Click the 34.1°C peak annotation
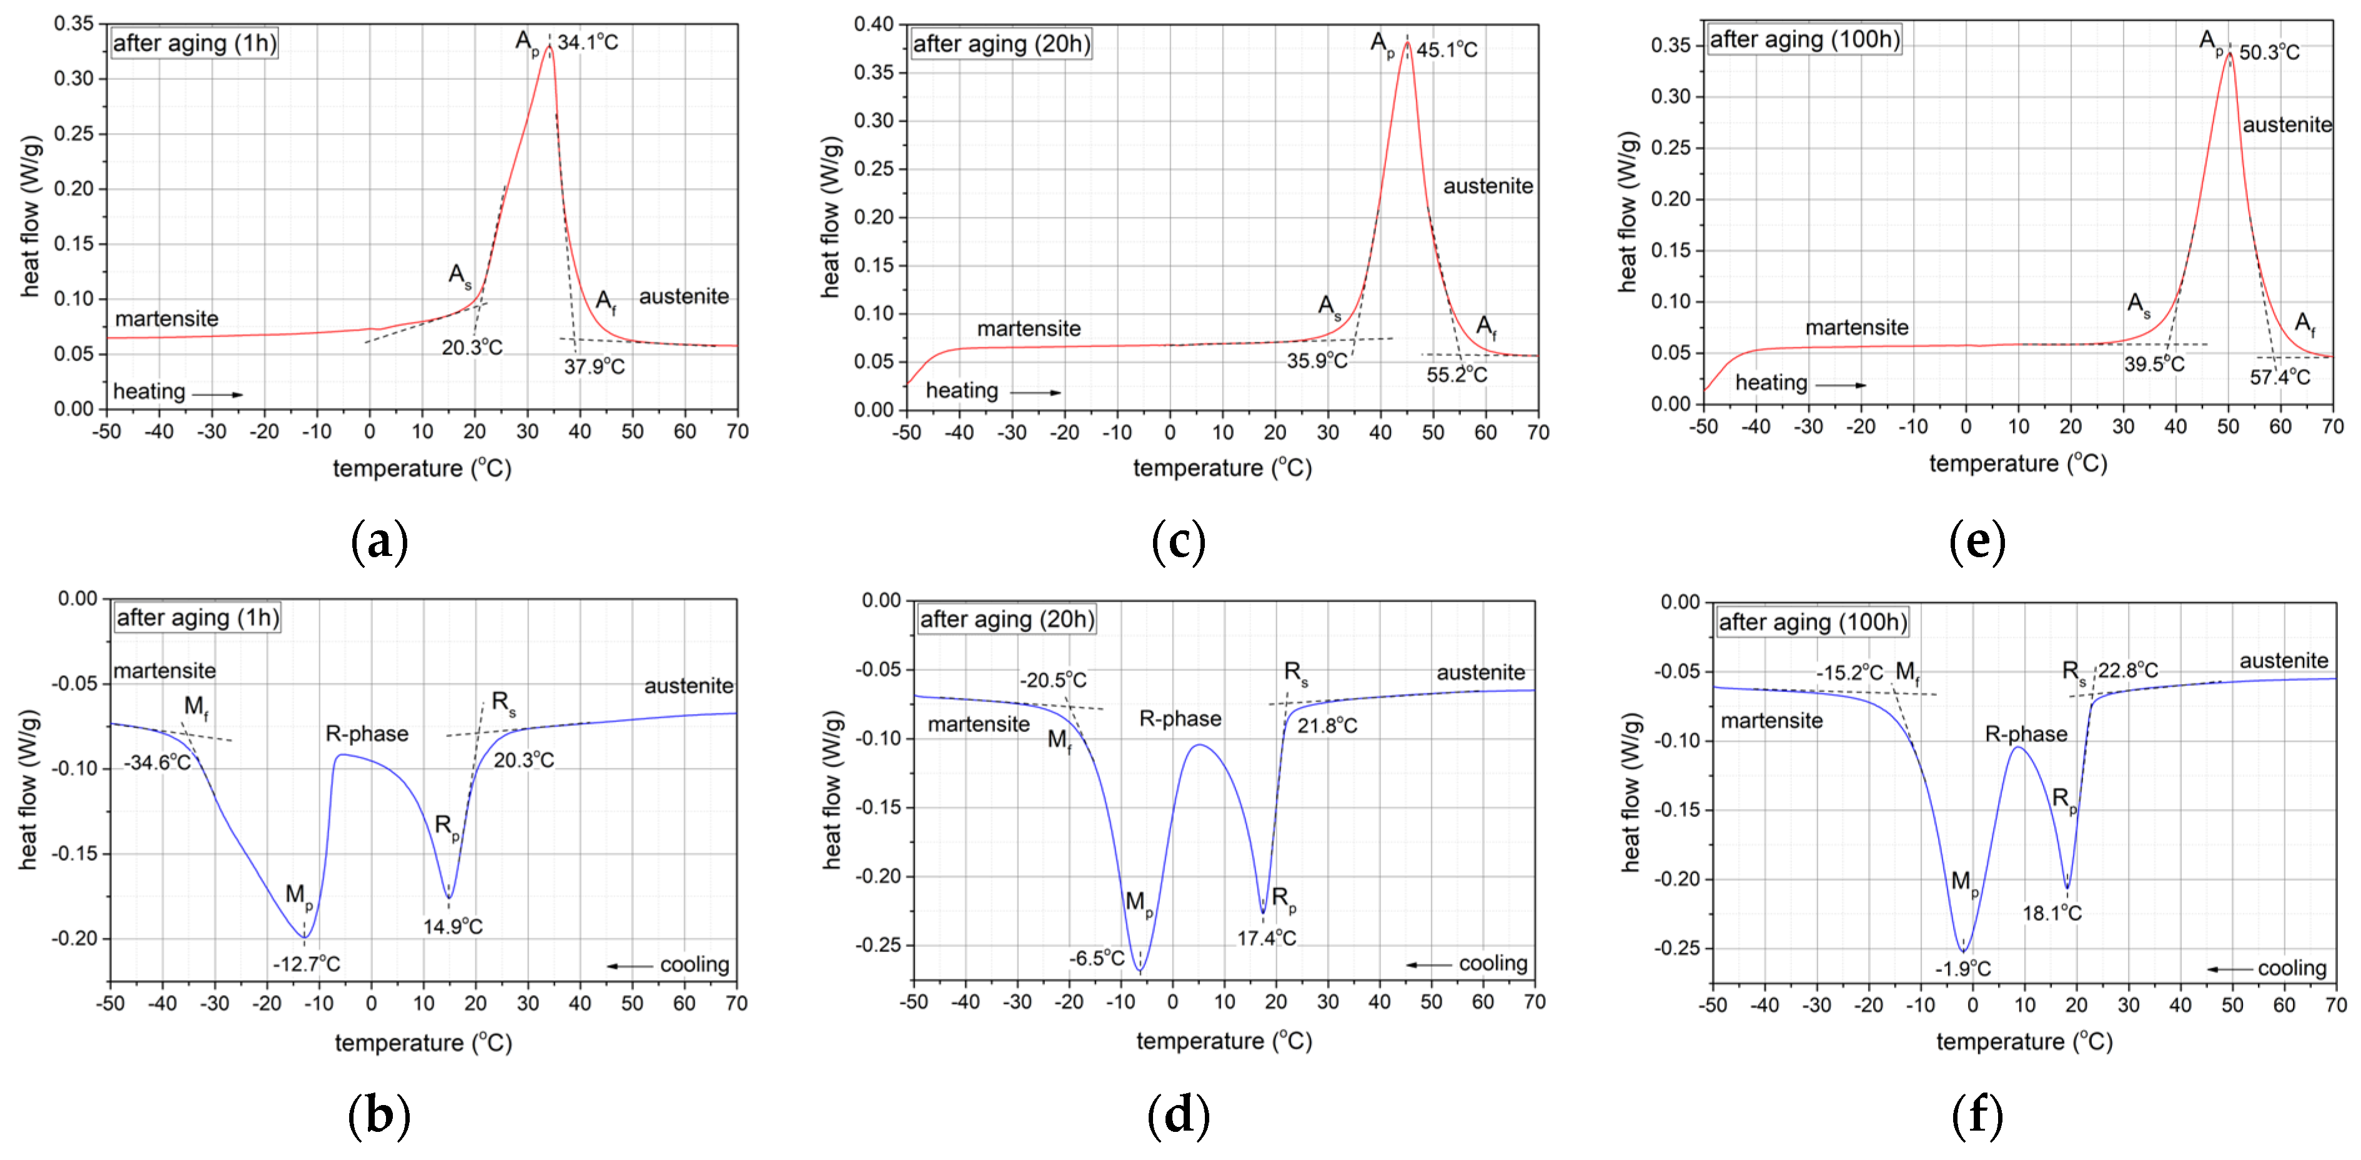(x=588, y=42)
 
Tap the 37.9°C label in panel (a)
(x=594, y=367)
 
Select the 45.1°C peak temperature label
(x=1447, y=49)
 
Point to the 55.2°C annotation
(x=1457, y=375)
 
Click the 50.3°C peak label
(x=2269, y=52)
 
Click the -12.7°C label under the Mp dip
(x=306, y=964)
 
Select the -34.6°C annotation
(x=157, y=762)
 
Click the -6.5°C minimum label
(x=1096, y=958)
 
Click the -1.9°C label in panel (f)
(x=1963, y=968)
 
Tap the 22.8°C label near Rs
(x=2127, y=671)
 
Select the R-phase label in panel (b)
(x=367, y=734)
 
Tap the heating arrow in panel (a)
(x=217, y=395)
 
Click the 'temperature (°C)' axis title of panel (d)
(x=1224, y=1041)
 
